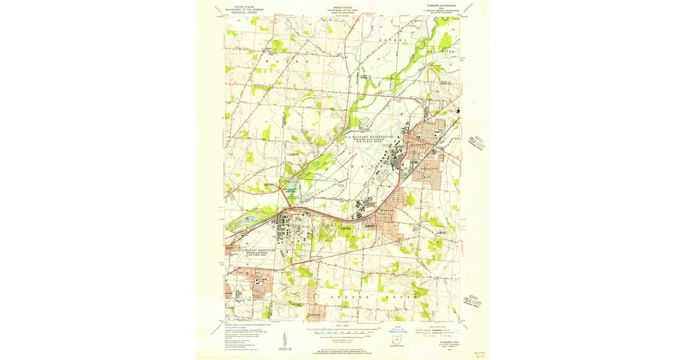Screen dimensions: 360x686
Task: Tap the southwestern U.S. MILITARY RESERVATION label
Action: coord(251,252)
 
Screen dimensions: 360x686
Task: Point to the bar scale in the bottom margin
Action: coord(343,331)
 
